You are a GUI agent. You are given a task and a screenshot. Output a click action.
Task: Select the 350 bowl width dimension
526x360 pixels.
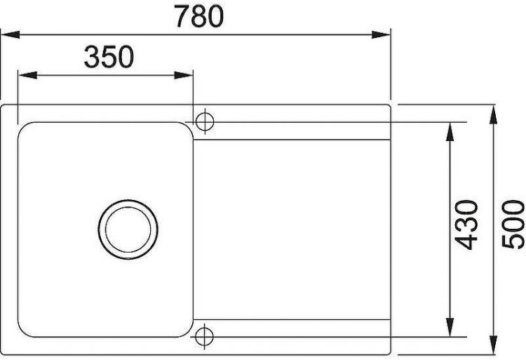[109, 57]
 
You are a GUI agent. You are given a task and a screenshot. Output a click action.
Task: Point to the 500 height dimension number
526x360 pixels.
[513, 225]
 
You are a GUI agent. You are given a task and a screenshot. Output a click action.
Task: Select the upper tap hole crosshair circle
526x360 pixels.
[205, 121]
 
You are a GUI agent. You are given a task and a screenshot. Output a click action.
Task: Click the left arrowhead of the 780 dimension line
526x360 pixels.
[7, 33]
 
